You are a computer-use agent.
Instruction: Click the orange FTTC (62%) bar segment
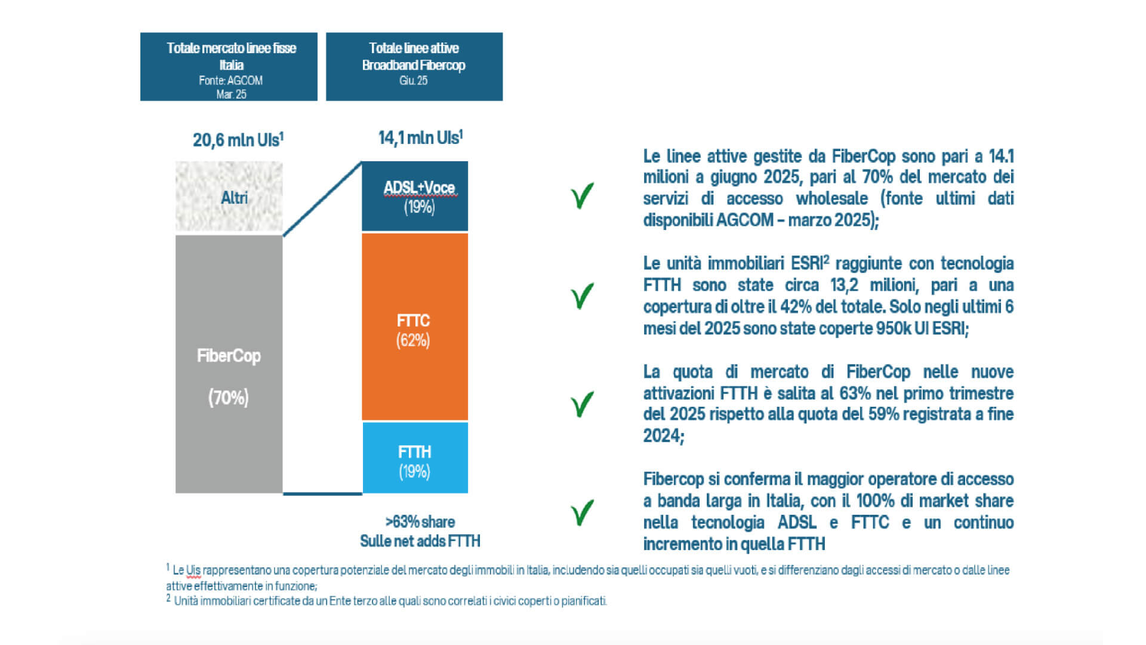[x=415, y=327]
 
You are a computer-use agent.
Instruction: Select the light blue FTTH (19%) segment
[x=415, y=457]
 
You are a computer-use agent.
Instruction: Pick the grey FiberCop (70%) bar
[x=229, y=364]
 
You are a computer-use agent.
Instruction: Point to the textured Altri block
[x=229, y=196]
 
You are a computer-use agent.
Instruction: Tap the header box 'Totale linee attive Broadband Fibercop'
[x=414, y=66]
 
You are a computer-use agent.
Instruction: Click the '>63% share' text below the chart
[x=420, y=522]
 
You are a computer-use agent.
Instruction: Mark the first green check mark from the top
[x=582, y=195]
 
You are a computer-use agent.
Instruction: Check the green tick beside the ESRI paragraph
[x=582, y=296]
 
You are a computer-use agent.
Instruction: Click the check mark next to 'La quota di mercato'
[x=582, y=404]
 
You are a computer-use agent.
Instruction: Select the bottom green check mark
[x=582, y=512]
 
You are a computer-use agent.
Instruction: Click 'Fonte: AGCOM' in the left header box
[x=230, y=81]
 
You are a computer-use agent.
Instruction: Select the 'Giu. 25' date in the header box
[x=413, y=81]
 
